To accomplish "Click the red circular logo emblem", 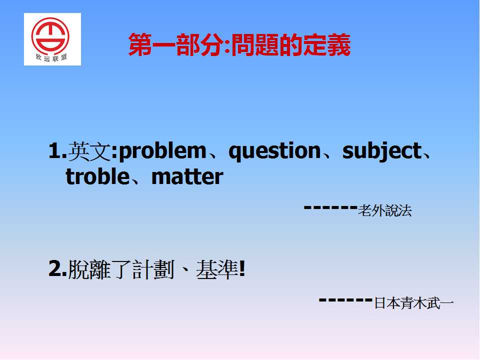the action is pos(50,36).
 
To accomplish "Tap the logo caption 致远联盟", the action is pos(51,57).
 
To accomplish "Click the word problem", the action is pos(162,151).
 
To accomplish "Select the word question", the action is pos(274,151).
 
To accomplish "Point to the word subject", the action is pos(382,151).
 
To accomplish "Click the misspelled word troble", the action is pos(97,176).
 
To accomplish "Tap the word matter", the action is pos(187,177).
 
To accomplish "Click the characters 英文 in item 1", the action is pos(89,151).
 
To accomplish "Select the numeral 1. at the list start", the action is pos(57,150).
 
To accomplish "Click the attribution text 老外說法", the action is pos(385,210).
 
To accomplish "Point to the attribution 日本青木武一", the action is pos(413,303).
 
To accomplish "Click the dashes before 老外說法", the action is pos(330,207).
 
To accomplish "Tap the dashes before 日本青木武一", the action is pos(345,300).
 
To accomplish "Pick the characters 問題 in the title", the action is pos(254,44).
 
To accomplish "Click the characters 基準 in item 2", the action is pos(217,269).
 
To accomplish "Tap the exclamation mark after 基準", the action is pos(242,269).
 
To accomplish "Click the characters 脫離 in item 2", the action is pos(89,269).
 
